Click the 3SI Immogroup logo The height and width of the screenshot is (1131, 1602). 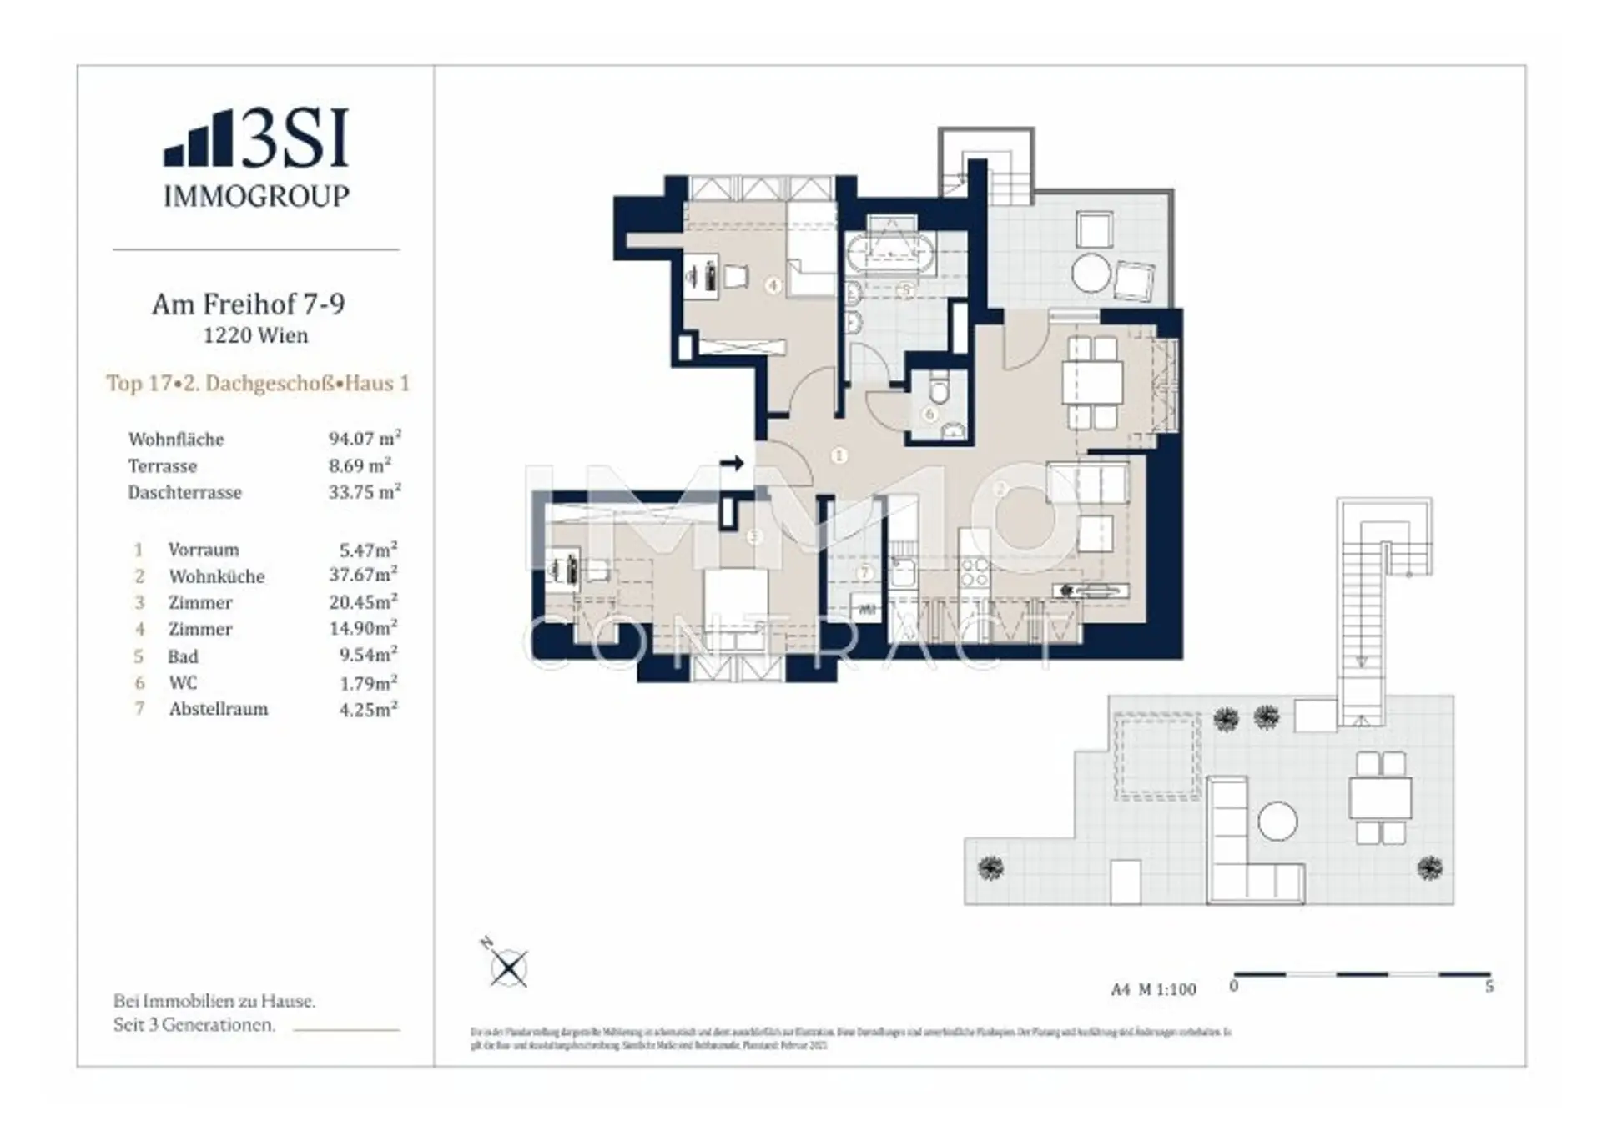[256, 158]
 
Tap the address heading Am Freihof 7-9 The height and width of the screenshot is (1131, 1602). [248, 304]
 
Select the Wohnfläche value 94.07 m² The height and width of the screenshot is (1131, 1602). [365, 439]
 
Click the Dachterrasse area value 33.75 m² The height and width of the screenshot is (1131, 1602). [365, 492]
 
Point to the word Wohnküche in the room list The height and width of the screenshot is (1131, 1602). [217, 576]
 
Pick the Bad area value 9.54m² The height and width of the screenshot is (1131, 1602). [368, 656]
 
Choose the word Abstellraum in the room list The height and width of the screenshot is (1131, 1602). [219, 709]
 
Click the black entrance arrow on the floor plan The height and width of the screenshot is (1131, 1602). [732, 463]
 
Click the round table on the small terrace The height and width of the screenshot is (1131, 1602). [1091, 272]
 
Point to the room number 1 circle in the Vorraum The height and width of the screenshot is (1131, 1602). [839, 455]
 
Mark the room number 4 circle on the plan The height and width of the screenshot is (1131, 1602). [773, 285]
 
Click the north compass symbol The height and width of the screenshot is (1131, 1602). [507, 968]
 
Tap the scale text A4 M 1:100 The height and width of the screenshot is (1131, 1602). [1153, 989]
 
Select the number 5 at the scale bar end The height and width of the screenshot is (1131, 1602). [1489, 987]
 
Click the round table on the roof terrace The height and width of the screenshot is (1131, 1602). [1277, 822]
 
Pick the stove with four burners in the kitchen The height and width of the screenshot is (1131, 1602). [975, 573]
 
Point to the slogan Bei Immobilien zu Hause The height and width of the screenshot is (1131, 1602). [214, 1001]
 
